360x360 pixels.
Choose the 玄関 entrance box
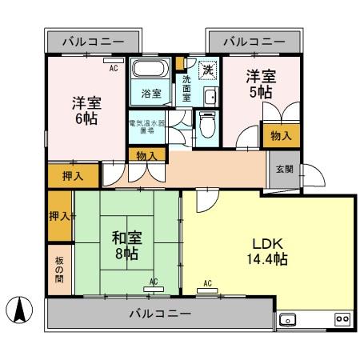(284, 169)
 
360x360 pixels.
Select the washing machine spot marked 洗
(207, 70)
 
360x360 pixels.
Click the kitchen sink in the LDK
(288, 319)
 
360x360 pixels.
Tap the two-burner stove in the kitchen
(342, 319)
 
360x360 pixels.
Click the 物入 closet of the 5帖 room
(281, 137)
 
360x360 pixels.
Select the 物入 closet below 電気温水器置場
(146, 155)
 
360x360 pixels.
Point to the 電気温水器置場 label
(146, 127)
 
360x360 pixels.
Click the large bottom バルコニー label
(161, 314)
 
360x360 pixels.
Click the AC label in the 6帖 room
(114, 68)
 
